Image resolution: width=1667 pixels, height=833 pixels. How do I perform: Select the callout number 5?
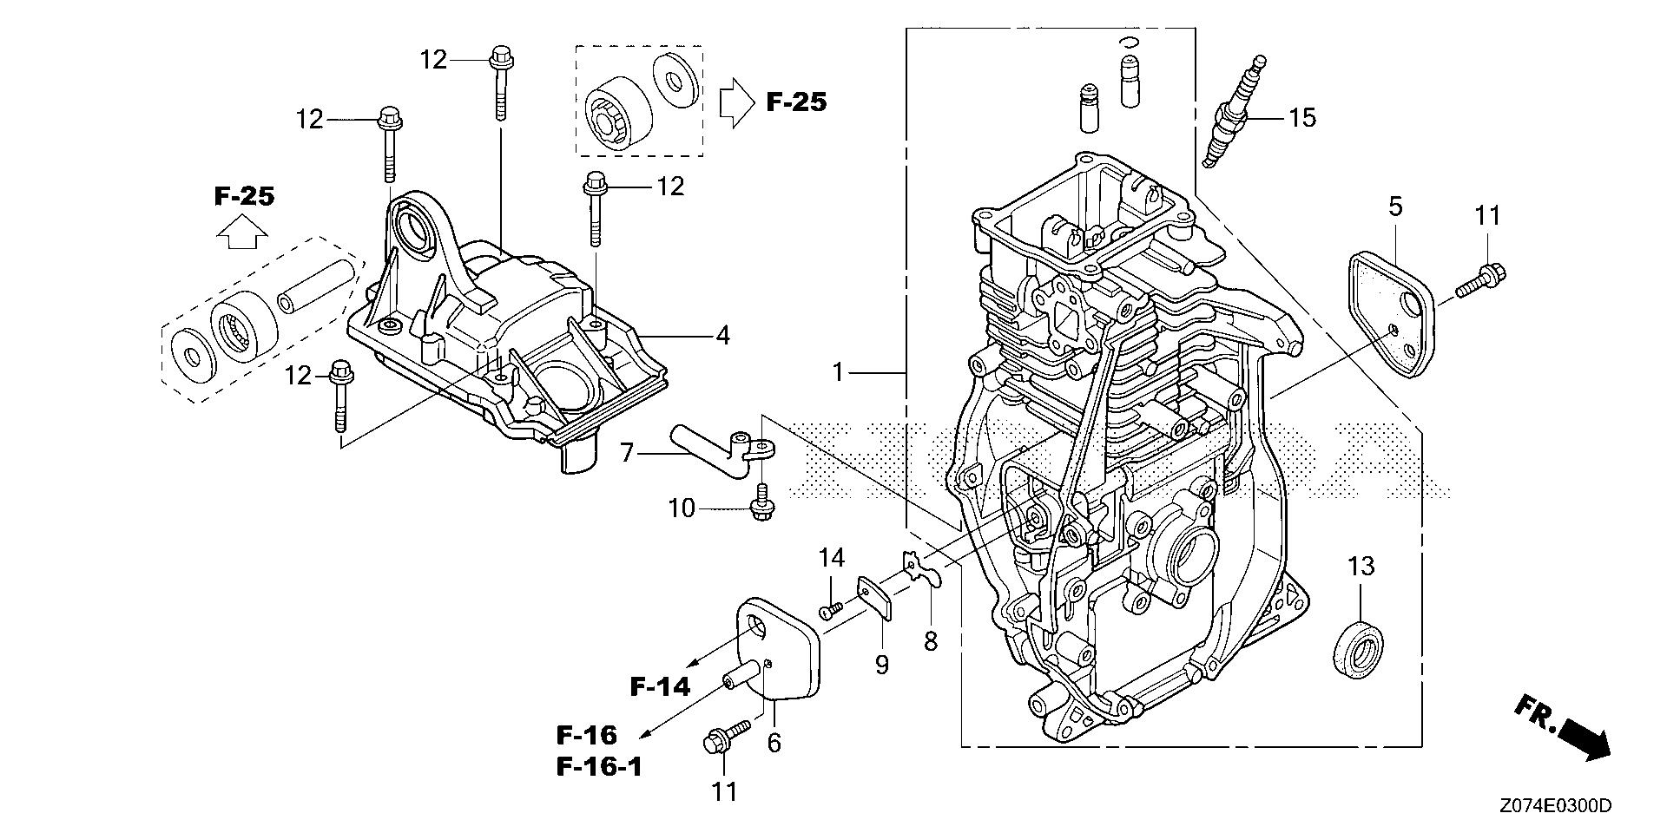pyautogui.click(x=1395, y=207)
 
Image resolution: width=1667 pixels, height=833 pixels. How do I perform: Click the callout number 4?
pyautogui.click(x=722, y=335)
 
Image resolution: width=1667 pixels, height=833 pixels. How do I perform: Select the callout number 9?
pyautogui.click(x=881, y=666)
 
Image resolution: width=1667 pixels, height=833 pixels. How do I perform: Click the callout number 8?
pyautogui.click(x=931, y=643)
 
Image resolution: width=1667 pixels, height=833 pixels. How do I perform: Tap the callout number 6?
pyautogui.click(x=774, y=743)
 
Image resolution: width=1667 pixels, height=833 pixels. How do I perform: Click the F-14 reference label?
pyautogui.click(x=660, y=688)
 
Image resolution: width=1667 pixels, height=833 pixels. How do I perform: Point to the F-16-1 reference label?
pyautogui.click(x=598, y=767)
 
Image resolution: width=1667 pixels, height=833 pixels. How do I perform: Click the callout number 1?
pyautogui.click(x=838, y=373)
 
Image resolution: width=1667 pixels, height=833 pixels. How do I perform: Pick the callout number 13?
pyautogui.click(x=1361, y=567)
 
